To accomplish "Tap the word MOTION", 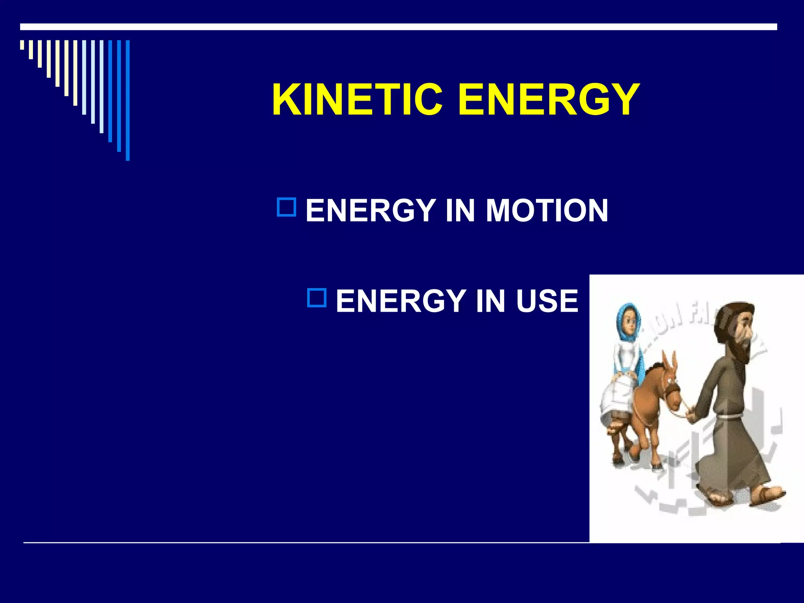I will (546, 210).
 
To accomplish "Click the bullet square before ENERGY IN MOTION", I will (286, 207).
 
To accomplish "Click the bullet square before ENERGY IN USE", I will (316, 298).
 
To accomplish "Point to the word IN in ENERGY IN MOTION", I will (460, 210).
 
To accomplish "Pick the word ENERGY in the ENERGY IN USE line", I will (400, 301).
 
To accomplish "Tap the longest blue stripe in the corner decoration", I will (128, 100).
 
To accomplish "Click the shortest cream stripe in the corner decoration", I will (22, 45).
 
